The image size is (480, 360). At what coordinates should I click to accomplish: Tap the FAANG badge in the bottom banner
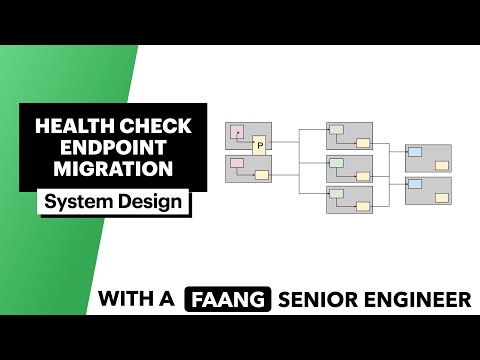pyautogui.click(x=228, y=298)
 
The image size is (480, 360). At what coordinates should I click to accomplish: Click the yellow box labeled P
pyautogui.click(x=259, y=145)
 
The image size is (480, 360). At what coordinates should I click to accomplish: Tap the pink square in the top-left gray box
pyautogui.click(x=238, y=131)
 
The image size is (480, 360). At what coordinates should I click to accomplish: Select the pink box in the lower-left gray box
pyautogui.click(x=237, y=162)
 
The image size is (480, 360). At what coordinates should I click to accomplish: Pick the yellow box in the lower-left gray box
pyautogui.click(x=261, y=175)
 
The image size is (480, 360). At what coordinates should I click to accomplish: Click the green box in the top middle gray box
pyautogui.click(x=337, y=130)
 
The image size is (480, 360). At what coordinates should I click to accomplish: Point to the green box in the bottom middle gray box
pyautogui.click(x=337, y=193)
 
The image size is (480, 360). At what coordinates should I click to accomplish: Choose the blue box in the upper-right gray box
pyautogui.click(x=415, y=152)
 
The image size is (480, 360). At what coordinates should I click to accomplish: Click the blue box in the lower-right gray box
pyautogui.click(x=415, y=184)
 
